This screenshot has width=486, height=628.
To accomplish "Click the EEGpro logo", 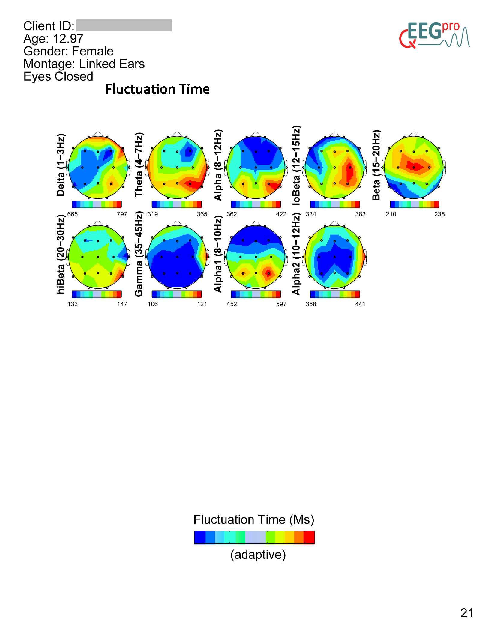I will [434, 35].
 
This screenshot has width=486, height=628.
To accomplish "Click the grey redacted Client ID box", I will [124, 25].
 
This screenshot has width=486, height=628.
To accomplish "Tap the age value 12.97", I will [68, 39].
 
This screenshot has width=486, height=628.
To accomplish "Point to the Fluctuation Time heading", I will [157, 89].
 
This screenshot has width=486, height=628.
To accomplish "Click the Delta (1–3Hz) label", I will [61, 165].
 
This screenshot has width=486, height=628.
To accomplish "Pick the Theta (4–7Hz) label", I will [139, 165].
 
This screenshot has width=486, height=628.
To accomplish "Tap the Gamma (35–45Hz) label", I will [139, 254].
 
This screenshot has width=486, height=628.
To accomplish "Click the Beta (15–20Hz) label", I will [376, 165].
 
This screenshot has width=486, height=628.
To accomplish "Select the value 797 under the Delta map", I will [122, 214].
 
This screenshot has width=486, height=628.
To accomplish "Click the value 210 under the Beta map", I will [391, 214].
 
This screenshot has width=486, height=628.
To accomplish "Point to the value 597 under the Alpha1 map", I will [281, 304].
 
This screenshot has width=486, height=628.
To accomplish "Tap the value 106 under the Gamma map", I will [153, 304].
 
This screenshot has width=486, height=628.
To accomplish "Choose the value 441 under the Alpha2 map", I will [360, 304].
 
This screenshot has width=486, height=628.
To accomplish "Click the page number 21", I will [467, 613].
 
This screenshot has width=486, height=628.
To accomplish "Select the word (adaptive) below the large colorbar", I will [258, 555].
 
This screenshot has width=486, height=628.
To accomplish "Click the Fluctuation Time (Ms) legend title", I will [254, 519].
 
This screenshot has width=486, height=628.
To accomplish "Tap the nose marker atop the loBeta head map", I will [334, 133].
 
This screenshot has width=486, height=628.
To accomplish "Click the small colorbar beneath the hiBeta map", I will [97, 294].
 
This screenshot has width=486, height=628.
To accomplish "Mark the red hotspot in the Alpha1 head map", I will [268, 273].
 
